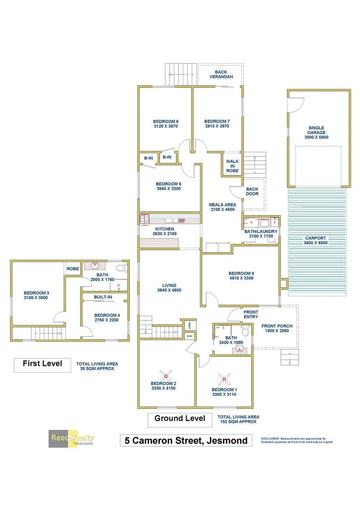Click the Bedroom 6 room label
[165, 121]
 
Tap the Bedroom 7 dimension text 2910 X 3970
[217, 126]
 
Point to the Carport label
[316, 238]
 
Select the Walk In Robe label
[232, 166]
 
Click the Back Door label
[252, 191]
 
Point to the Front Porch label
[277, 326]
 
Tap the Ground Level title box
[180, 419]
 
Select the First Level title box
[42, 364]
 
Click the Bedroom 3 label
[36, 293]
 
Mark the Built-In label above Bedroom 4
[103, 297]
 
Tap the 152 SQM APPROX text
[238, 422]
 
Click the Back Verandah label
[221, 74]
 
